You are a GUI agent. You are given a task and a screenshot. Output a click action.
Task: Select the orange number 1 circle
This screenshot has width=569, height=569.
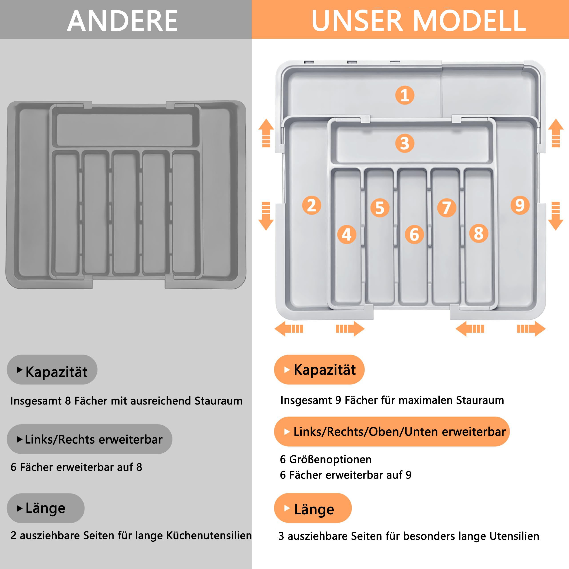click(405, 95)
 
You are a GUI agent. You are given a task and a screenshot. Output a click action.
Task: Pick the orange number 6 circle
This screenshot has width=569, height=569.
click(414, 234)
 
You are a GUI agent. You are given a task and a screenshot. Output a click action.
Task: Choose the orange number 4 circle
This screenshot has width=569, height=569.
click(347, 234)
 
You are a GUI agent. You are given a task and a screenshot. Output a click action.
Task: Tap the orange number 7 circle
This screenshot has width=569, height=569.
click(447, 208)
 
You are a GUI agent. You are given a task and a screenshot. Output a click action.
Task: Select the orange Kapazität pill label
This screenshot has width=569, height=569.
click(319, 369)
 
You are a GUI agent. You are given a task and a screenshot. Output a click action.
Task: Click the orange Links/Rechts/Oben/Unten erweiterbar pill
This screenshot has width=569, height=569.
click(392, 431)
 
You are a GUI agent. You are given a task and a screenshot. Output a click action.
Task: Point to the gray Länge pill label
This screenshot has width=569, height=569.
click(46, 508)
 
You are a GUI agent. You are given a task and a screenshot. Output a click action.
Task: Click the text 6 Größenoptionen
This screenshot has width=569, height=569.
click(326, 459)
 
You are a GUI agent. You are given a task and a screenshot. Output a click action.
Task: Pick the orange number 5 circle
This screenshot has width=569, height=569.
click(380, 208)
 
